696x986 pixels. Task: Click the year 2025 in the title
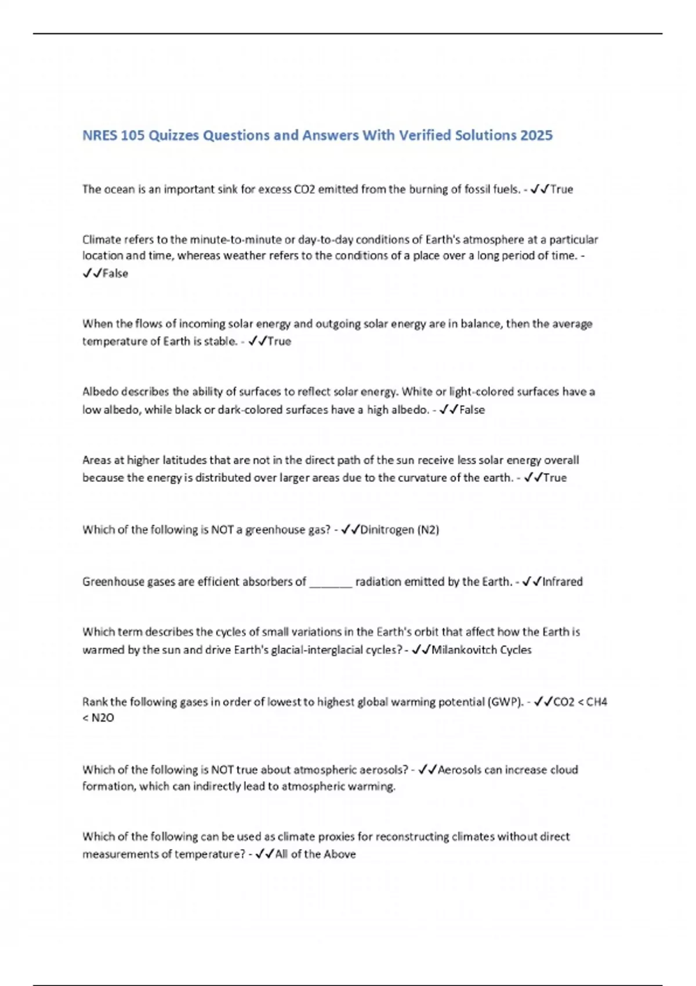click(x=536, y=135)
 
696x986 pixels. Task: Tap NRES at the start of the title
click(x=100, y=135)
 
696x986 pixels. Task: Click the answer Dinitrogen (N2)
click(x=399, y=530)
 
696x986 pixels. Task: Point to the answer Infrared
click(x=562, y=581)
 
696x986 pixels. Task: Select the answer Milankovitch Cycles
click(x=481, y=650)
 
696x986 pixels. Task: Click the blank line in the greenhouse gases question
click(x=331, y=582)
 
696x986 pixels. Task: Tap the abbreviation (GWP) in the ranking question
click(x=506, y=702)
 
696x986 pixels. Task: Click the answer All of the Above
click(x=316, y=854)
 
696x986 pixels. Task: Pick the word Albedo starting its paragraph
click(x=100, y=391)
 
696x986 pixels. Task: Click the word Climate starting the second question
click(x=101, y=240)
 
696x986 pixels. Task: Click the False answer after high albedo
click(x=472, y=409)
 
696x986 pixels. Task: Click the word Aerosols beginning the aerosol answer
click(x=459, y=770)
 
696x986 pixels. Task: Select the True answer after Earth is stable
click(x=279, y=341)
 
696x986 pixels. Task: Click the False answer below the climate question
click(x=115, y=273)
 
